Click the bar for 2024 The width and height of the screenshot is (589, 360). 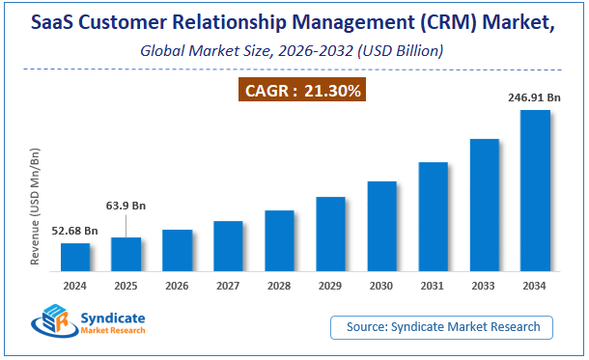point(75,257)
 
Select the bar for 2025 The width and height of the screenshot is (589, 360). point(126,254)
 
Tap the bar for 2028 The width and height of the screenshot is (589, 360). point(279,240)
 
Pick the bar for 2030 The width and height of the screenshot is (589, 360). point(381,226)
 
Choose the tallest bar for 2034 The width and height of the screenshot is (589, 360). point(535,190)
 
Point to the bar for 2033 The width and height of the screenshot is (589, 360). point(484,205)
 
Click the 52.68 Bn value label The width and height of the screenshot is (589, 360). point(74,231)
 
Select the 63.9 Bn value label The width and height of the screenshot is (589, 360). point(127,206)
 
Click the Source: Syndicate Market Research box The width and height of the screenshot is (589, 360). point(443,328)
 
